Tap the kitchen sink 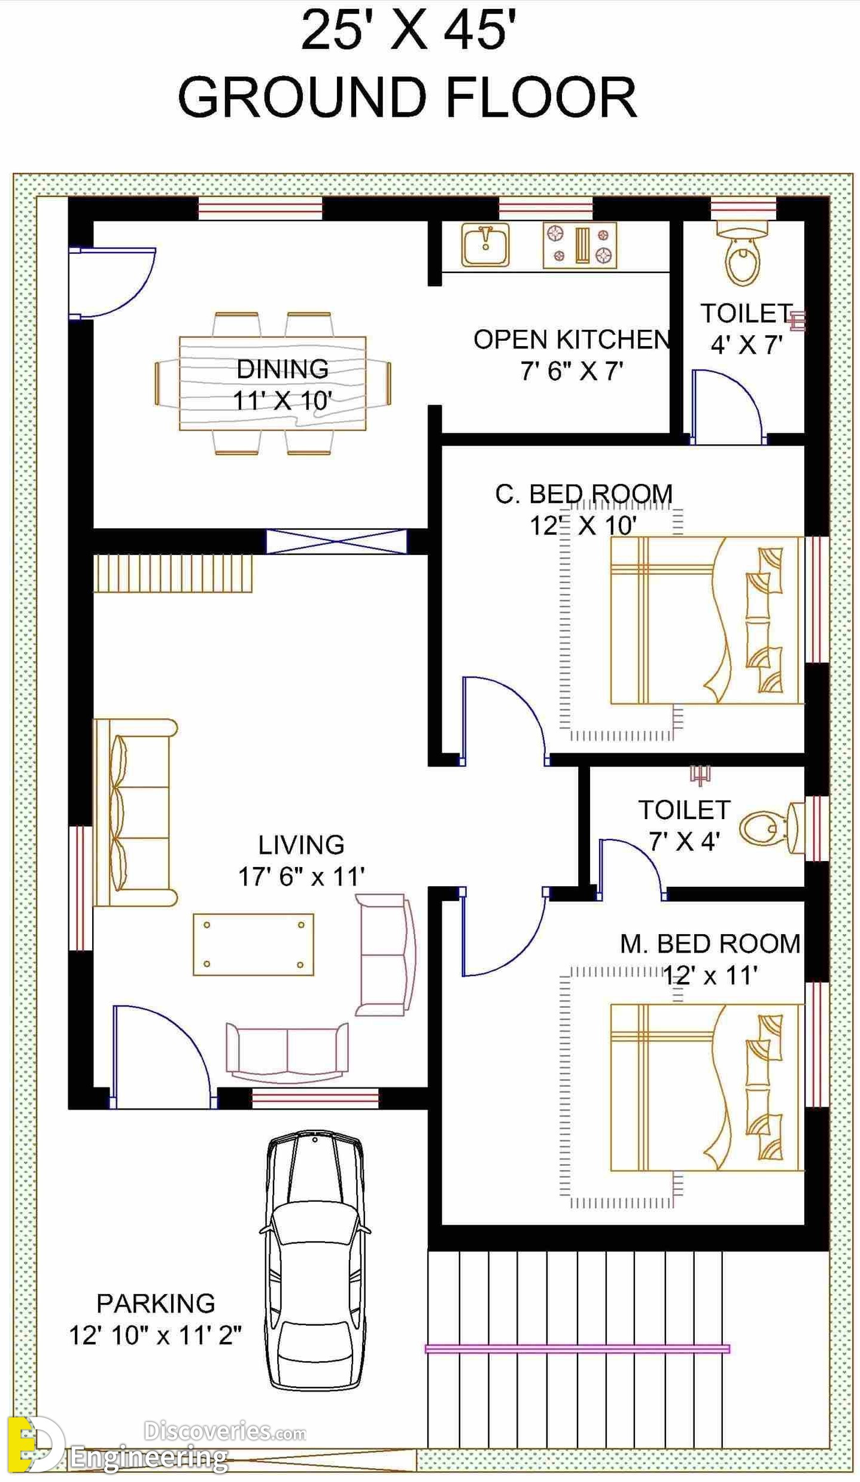coord(485,244)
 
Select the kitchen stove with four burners coord(579,245)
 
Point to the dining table coord(272,383)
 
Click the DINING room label coord(282,369)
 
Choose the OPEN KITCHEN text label coord(572,340)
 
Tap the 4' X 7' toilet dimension coord(746,344)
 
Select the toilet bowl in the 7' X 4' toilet coord(771,828)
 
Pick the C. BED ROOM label coord(584,494)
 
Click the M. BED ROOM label coord(710,944)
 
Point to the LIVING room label coord(301,845)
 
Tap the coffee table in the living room coord(253,944)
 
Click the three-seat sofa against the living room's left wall coord(135,813)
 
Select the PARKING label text coord(156,1303)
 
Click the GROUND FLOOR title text coord(408,97)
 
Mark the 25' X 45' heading coord(408,30)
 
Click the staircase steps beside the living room coord(173,574)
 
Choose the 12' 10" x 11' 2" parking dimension coord(156,1335)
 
